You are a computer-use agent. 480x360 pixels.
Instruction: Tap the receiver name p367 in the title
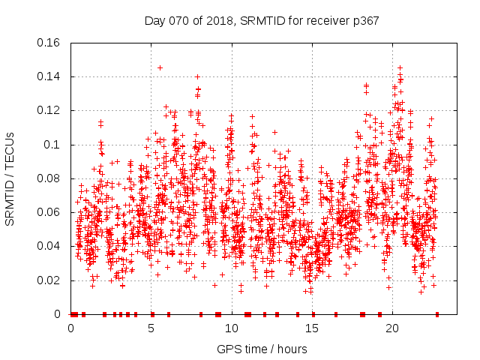(363, 21)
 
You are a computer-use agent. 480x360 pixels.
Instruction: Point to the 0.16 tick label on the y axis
(49, 43)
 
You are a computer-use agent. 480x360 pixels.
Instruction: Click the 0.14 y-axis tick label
(49, 76)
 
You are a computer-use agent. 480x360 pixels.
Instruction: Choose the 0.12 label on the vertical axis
(49, 110)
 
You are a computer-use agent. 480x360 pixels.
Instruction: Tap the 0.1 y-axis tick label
(52, 145)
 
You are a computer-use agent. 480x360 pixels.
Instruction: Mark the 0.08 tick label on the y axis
(49, 178)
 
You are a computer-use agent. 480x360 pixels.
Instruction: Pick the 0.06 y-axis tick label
(49, 212)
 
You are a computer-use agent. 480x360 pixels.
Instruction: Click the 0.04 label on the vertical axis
(49, 246)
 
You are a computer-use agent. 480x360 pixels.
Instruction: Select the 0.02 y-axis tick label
(49, 280)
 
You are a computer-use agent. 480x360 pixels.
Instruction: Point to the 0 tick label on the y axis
(60, 314)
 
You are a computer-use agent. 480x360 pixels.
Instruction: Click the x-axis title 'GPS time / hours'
(262, 349)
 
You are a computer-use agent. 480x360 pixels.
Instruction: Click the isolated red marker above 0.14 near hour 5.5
(160, 67)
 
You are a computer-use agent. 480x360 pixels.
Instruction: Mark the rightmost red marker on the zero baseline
(437, 314)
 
